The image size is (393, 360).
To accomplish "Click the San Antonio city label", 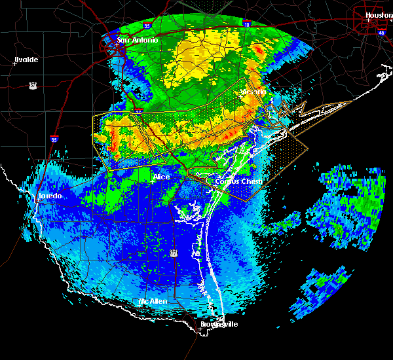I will (138, 41).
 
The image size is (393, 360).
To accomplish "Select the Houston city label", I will (379, 15).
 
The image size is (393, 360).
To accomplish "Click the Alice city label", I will (161, 177).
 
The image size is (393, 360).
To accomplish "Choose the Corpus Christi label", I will (239, 181).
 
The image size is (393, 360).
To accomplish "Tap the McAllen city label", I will (153, 301).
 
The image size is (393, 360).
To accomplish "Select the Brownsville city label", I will (219, 324).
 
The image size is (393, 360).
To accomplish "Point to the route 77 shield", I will (174, 252).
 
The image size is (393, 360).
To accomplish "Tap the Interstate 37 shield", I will (139, 112).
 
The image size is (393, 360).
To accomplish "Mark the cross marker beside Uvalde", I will (15, 64).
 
